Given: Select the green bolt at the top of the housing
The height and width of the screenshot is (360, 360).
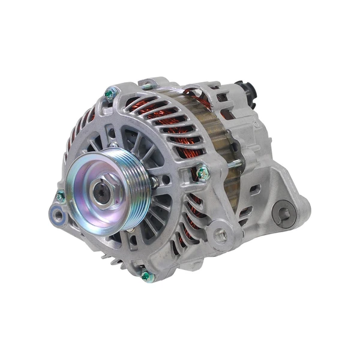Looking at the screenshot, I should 109,94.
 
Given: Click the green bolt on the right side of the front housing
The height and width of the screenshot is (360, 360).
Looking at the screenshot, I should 203,173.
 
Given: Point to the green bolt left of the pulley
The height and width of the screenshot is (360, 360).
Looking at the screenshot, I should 60,196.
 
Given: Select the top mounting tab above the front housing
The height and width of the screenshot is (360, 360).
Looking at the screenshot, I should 149,84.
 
